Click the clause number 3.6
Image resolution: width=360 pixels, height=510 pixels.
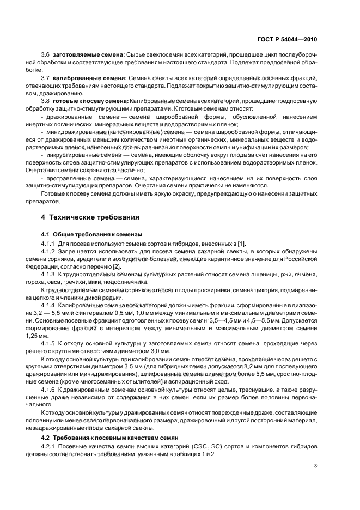coord(45,56)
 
